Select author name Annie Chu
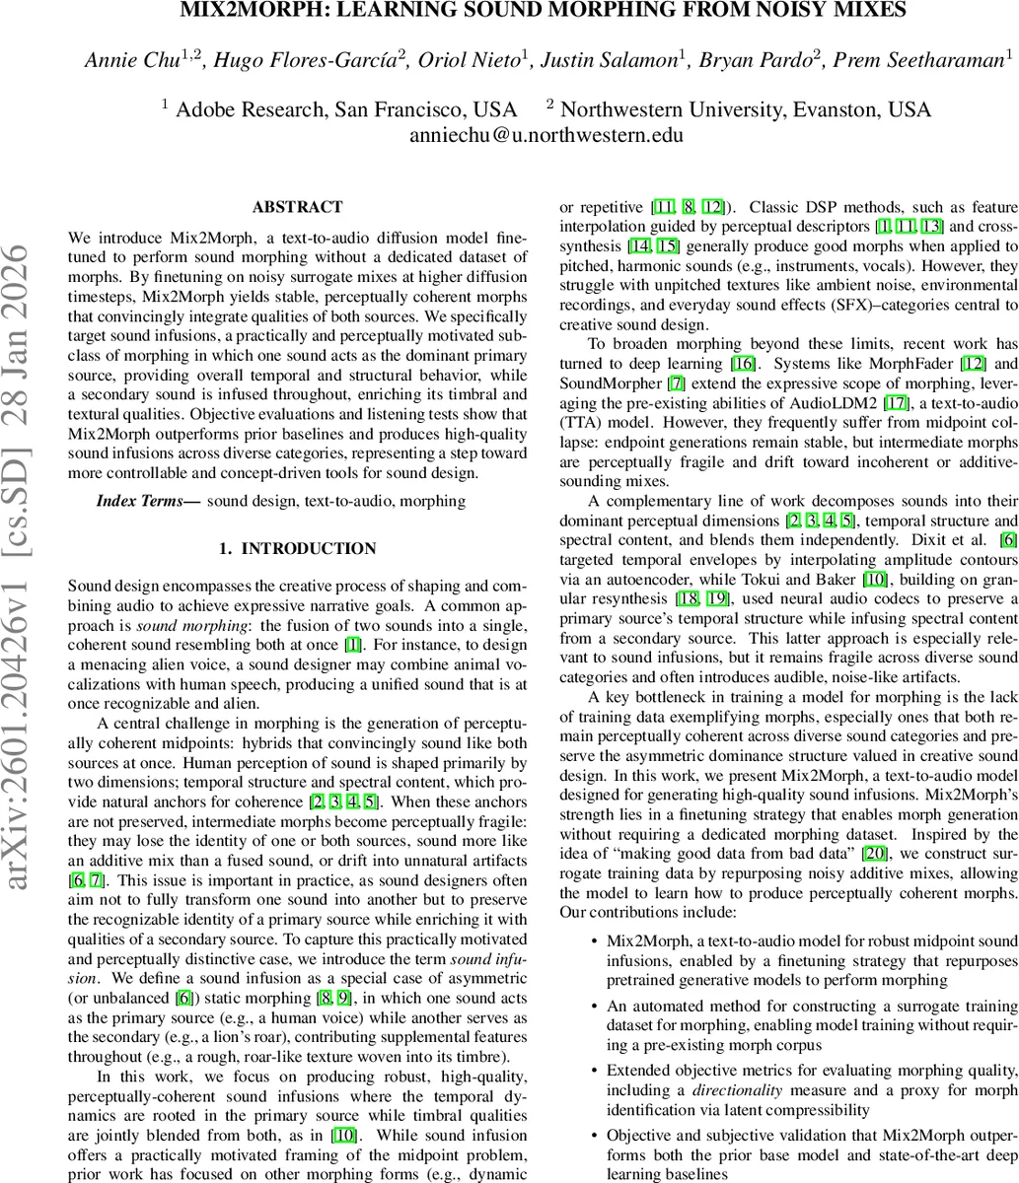[x=126, y=61]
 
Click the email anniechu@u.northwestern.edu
[x=546, y=135]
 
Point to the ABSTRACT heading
[x=297, y=207]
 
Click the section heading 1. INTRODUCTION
[x=297, y=548]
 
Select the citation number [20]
[x=876, y=880]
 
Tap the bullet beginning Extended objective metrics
[x=811, y=1070]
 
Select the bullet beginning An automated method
[x=811, y=1007]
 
